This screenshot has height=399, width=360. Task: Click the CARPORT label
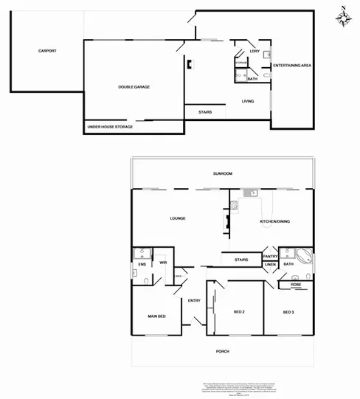(47, 51)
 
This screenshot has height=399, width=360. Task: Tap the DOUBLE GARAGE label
(134, 87)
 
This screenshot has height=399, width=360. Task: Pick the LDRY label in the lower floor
(255, 51)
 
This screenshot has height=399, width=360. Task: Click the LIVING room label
(248, 101)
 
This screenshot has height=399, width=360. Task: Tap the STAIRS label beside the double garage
(206, 112)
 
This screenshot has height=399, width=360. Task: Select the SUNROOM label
(222, 173)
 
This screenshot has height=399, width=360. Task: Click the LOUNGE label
(177, 218)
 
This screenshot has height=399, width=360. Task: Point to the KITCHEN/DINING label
(274, 221)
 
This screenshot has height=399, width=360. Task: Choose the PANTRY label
(270, 256)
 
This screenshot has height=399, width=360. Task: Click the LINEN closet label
(270, 264)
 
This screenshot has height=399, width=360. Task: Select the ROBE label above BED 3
(295, 284)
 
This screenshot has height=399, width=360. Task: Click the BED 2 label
(239, 312)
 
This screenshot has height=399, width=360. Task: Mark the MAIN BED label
(156, 316)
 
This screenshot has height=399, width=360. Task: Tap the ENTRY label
(194, 300)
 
